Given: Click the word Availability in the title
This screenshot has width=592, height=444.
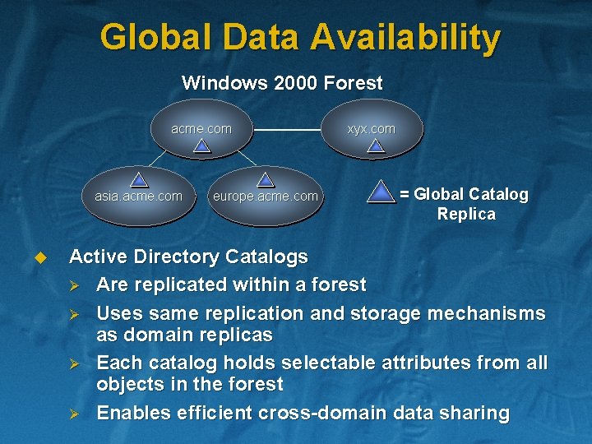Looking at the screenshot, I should tap(405, 39).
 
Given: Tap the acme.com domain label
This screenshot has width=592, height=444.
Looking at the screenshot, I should tap(201, 128).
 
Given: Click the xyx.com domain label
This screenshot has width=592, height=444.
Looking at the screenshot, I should tap(371, 128).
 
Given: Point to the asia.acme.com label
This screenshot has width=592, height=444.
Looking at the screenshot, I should tap(139, 196).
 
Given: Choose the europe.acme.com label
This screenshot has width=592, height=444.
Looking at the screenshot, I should tap(265, 196).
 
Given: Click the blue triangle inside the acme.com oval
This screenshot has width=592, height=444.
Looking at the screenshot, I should tap(202, 146).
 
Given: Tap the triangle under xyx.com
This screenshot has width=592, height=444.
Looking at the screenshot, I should tap(375, 146).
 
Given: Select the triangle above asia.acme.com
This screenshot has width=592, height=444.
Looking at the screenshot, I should tap(140, 179).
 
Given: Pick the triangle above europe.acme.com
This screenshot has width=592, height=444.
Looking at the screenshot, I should tap(265, 179).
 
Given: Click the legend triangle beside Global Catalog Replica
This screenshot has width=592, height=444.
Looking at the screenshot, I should tap(380, 192).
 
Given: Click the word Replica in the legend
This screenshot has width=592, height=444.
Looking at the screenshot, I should tap(466, 215).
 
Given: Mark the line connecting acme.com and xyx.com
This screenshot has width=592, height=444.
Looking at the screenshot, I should tap(287, 130).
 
